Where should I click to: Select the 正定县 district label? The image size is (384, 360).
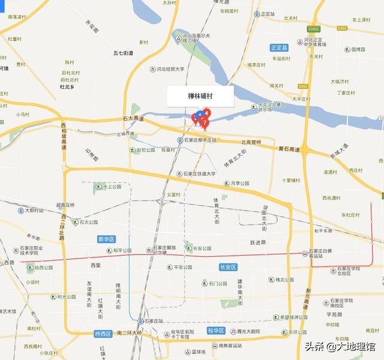[x=279, y=47]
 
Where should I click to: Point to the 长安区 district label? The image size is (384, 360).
[x=229, y=266]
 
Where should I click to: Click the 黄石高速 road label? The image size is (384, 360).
[x=289, y=148]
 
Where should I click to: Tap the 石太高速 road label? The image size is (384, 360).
[x=133, y=119]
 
